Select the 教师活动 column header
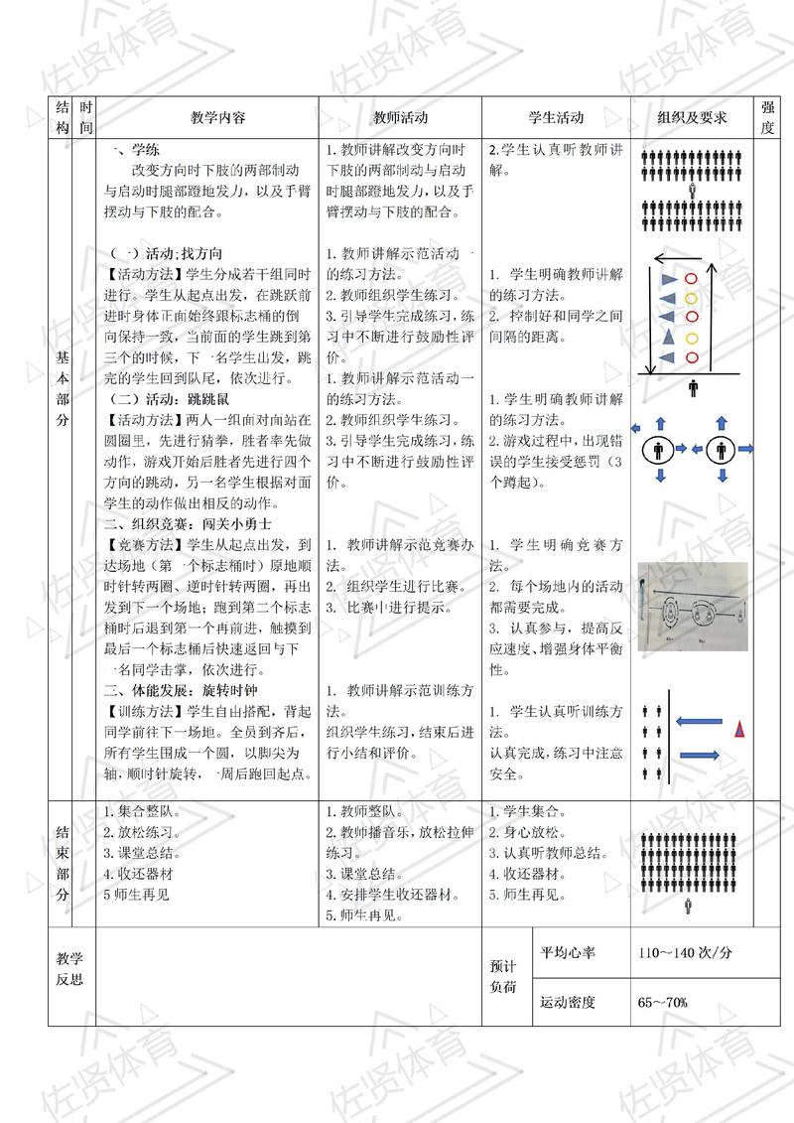pos(400,117)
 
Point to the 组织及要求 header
pos(692,117)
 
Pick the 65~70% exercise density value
pos(664,1002)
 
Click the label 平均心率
pos(568,952)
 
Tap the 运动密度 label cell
pos(568,1002)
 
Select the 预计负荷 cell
pos(504,977)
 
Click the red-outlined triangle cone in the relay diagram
pos(739,730)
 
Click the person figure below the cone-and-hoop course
pos(692,388)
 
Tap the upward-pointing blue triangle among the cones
pos(669,339)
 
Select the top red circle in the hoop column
pos(692,279)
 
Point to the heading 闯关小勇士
pos(232,523)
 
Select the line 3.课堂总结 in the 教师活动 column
pos(362,874)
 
